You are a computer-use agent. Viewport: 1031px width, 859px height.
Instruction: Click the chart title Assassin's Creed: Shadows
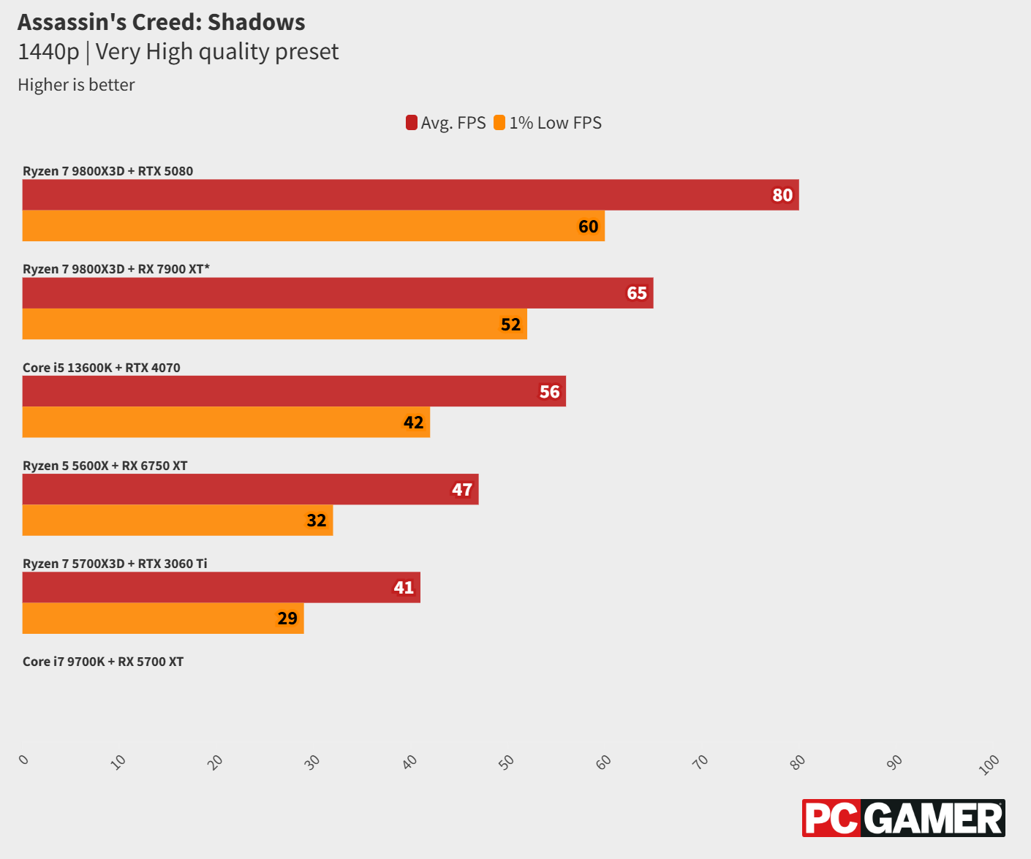[x=162, y=23]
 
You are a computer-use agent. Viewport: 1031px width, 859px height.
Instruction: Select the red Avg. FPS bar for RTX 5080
[x=410, y=195]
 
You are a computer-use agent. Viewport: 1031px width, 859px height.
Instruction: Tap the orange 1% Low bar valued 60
[x=313, y=226]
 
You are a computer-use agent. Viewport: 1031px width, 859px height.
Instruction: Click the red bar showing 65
[x=337, y=293]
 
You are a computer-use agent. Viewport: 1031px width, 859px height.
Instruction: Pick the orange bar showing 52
[x=274, y=324]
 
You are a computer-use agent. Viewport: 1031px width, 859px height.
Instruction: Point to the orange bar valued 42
[x=226, y=422]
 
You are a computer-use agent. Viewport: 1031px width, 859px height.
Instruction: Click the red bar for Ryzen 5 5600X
[x=250, y=489]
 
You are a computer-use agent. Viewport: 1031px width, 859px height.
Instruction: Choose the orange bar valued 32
[x=178, y=520]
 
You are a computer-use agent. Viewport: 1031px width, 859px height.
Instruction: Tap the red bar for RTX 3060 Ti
[x=221, y=587]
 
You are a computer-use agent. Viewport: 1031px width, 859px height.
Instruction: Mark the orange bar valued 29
[x=163, y=618]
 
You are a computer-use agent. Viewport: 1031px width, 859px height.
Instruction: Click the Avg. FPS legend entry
[x=446, y=123]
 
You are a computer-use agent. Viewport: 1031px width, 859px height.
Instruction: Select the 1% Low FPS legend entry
[x=548, y=123]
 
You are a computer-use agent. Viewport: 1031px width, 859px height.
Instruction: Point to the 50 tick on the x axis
[x=506, y=762]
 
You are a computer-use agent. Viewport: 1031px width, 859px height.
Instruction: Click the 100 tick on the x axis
[x=989, y=765]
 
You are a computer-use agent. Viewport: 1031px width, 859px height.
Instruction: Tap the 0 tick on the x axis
[x=24, y=760]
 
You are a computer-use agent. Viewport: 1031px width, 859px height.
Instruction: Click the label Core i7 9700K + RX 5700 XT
[x=103, y=662]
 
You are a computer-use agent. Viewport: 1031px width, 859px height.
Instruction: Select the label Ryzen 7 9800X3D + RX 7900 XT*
[x=116, y=269]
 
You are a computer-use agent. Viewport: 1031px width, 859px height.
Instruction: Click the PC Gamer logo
[x=903, y=818]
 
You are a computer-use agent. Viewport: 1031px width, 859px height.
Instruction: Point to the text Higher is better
[x=76, y=85]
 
